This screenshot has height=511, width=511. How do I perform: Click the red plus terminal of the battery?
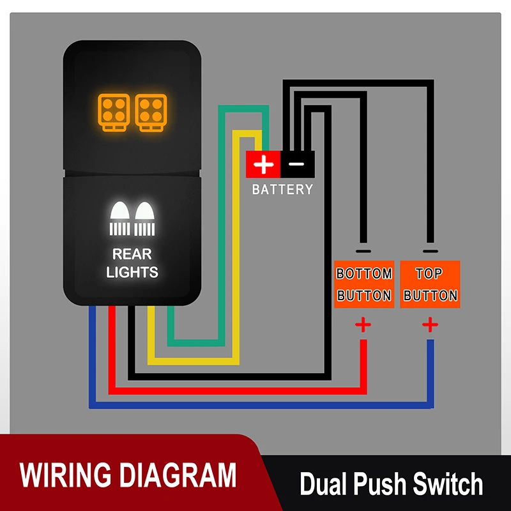tap(263, 165)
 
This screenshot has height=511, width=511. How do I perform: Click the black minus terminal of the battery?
tap(297, 165)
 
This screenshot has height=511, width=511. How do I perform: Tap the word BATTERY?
tap(282, 190)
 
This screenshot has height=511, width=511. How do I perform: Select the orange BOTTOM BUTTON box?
tap(364, 284)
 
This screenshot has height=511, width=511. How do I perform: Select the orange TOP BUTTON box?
tap(430, 284)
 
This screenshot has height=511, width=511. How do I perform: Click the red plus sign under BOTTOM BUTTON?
tap(363, 325)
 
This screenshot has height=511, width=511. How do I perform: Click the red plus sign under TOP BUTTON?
tap(430, 325)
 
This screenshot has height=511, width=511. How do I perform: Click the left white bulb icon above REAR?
tap(120, 218)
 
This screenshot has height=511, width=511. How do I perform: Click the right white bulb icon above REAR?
tap(145, 218)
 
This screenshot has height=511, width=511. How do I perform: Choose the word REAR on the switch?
tap(132, 254)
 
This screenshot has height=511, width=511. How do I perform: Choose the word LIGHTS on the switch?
tap(132, 272)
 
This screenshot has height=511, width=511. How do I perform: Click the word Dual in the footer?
tap(324, 484)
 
